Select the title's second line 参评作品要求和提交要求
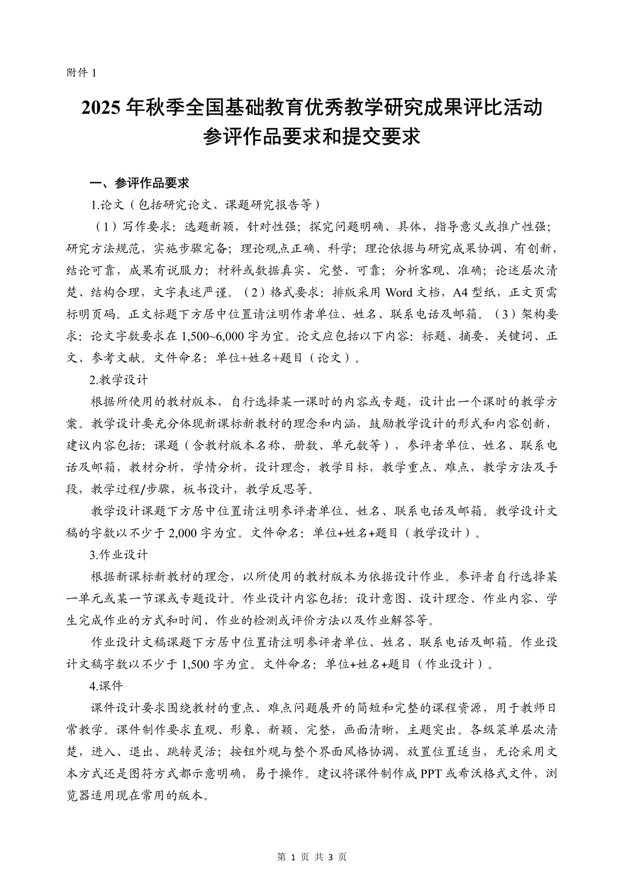pos(311,137)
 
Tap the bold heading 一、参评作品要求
pos(140,183)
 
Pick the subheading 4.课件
pos(106,686)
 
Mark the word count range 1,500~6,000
pos(210,336)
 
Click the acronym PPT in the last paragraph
pos(432,774)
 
